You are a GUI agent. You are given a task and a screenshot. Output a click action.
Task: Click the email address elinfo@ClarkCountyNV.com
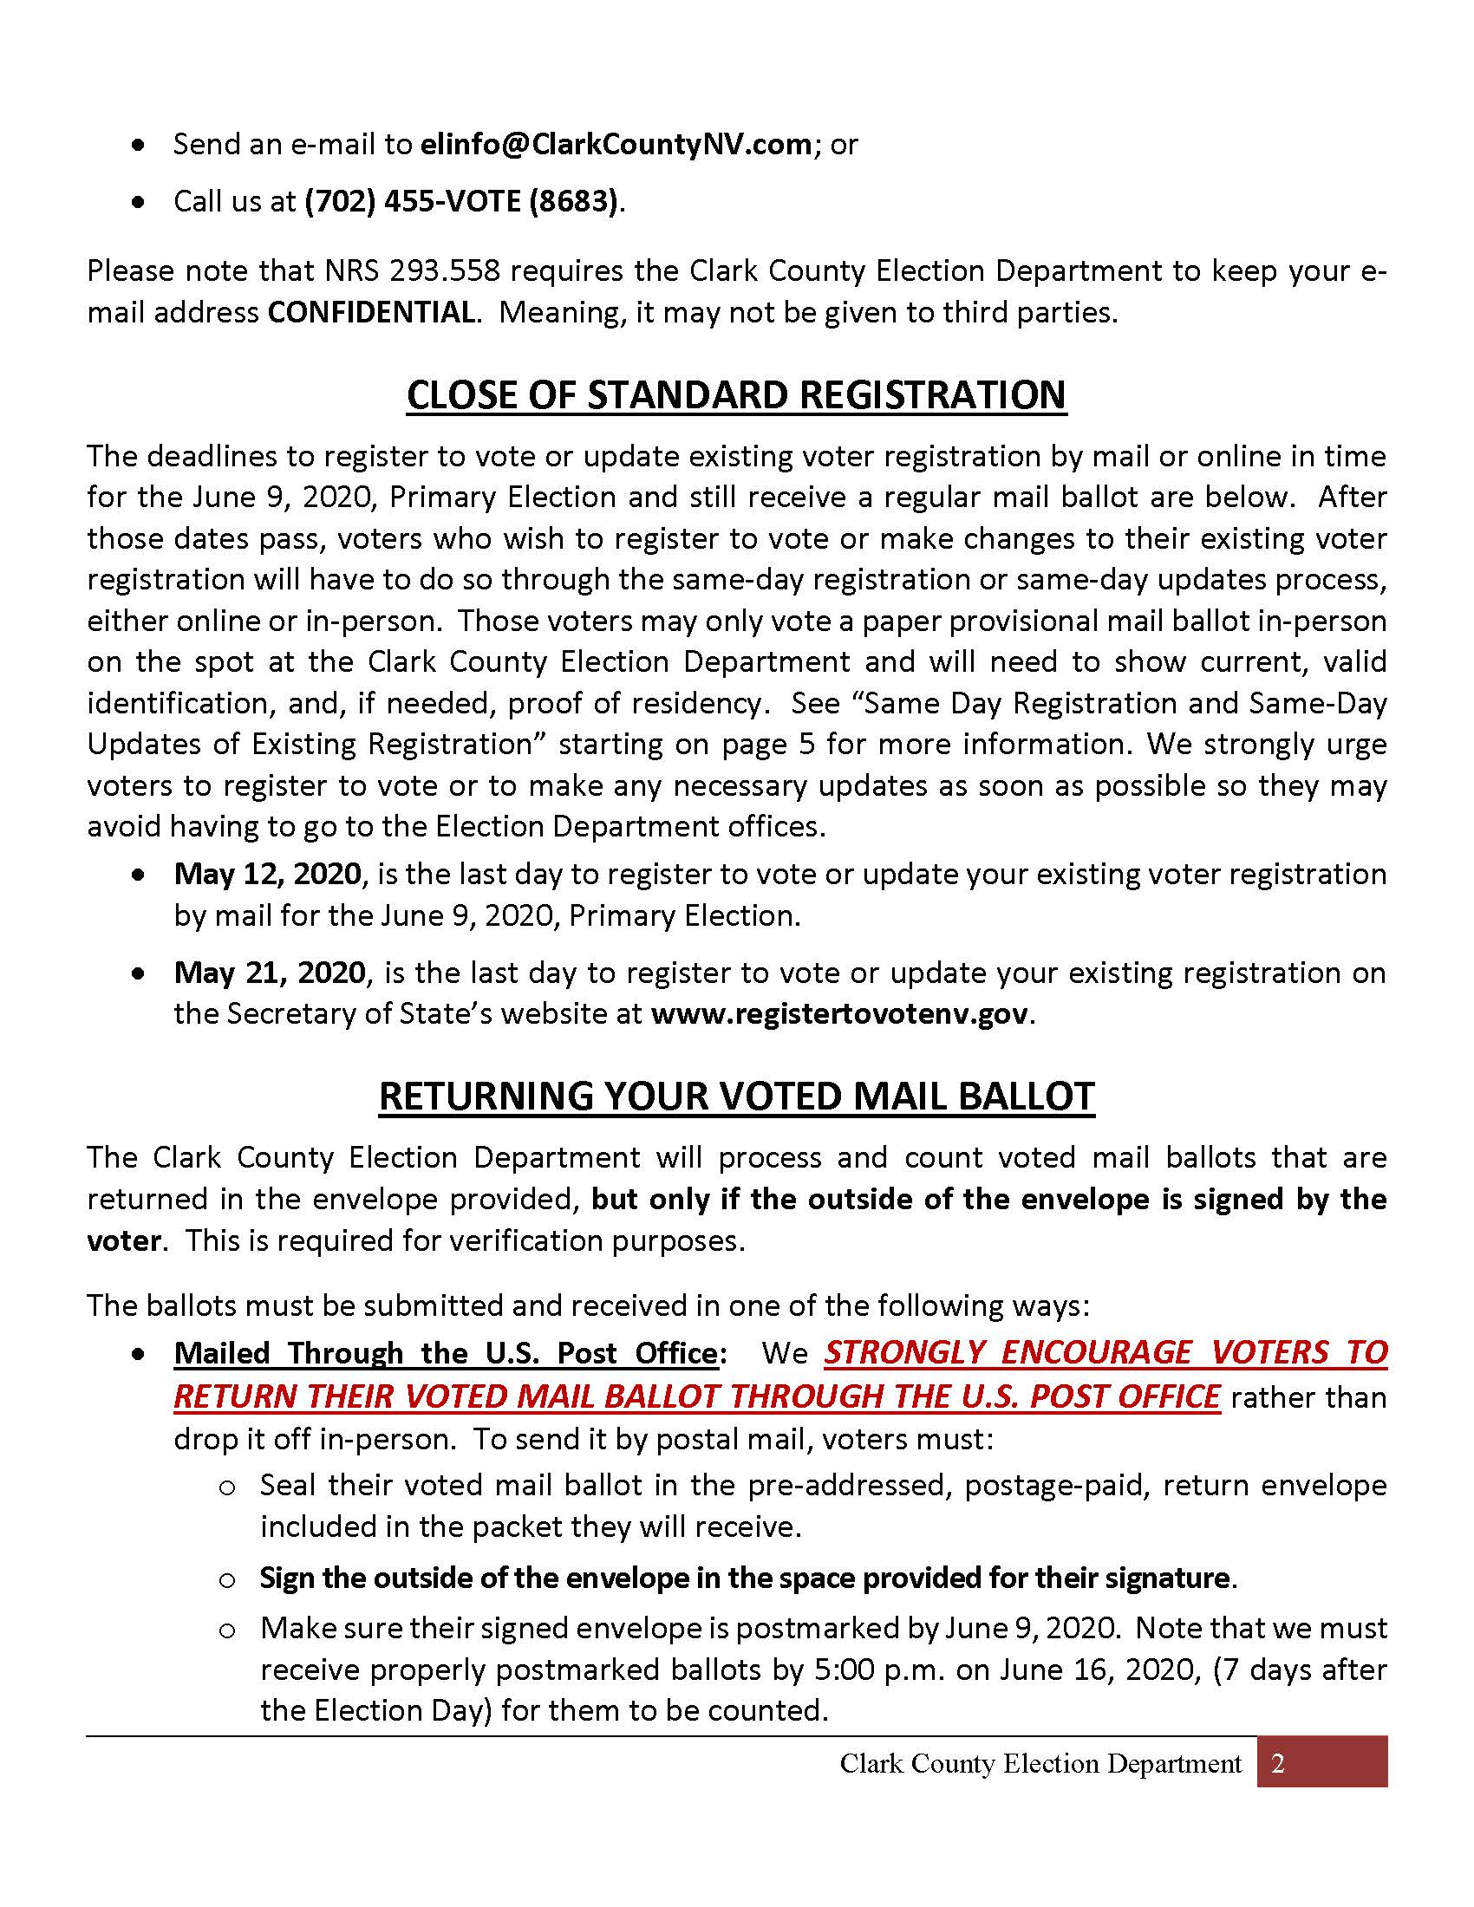click(x=616, y=144)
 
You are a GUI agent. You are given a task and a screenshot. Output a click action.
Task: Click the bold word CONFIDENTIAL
click(x=372, y=312)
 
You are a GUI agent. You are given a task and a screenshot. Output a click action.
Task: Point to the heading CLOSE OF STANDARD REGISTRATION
click(x=736, y=394)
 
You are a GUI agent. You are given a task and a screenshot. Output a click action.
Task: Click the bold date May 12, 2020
click(x=267, y=874)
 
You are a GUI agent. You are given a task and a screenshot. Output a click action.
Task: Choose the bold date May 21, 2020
click(x=270, y=972)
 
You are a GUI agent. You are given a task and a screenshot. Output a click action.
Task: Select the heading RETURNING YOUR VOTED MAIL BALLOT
click(x=736, y=1097)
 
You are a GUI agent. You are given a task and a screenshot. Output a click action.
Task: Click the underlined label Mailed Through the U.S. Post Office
click(x=446, y=1352)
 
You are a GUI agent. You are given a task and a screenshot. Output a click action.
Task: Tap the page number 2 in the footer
click(x=1278, y=1764)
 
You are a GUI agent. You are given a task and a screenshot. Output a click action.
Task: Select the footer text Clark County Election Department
click(x=1040, y=1764)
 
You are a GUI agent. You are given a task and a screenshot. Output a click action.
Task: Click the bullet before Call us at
click(x=138, y=202)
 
